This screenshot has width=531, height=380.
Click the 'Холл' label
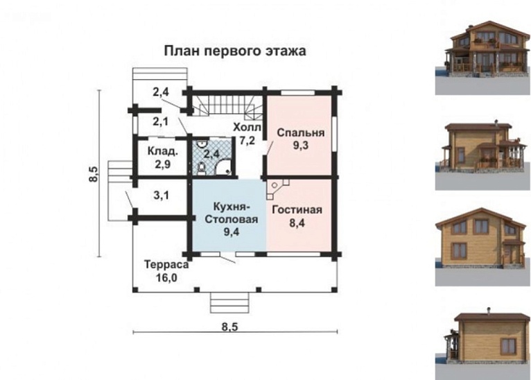click(246, 128)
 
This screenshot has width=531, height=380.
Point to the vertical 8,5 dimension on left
click(94, 175)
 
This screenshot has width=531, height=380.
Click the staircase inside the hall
click(227, 105)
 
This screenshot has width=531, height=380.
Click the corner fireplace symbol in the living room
click(279, 188)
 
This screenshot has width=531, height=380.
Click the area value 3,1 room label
click(161, 196)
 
